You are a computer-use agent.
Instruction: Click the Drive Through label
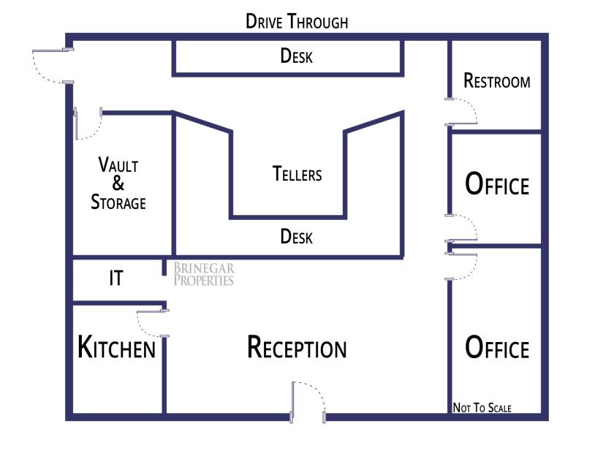(297, 21)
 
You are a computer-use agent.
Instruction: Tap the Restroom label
(497, 80)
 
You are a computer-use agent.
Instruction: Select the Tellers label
(297, 174)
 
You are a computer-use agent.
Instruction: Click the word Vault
(118, 164)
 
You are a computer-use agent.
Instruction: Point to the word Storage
(118, 202)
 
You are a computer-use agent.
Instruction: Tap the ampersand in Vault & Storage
(118, 183)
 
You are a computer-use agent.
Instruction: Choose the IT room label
(116, 278)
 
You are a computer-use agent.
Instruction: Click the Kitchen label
(117, 347)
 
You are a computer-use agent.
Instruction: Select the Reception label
(297, 347)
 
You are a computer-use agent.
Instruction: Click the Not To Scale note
(482, 408)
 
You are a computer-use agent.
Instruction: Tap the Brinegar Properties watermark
(204, 274)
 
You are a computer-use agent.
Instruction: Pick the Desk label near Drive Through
(297, 56)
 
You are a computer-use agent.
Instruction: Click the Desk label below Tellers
(297, 237)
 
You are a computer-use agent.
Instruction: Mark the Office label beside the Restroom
(497, 184)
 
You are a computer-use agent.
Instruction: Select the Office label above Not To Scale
(497, 347)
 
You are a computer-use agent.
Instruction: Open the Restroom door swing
(461, 112)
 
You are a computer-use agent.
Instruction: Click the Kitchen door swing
(153, 324)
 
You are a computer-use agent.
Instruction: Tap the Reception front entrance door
(308, 402)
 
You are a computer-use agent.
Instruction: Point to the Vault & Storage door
(88, 124)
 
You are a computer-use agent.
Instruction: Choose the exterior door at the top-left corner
(53, 67)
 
